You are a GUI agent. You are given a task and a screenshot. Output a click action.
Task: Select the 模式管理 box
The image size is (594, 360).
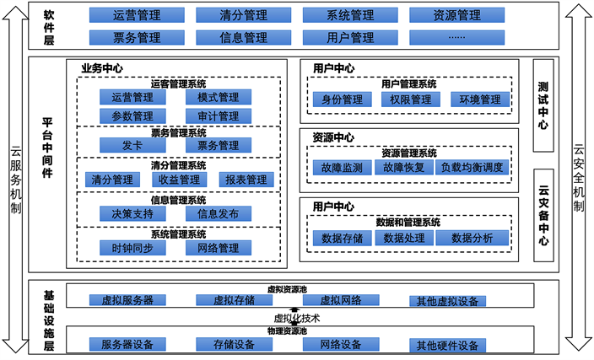[x=213, y=98]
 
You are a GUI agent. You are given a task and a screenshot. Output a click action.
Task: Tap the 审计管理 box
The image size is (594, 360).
[x=213, y=116]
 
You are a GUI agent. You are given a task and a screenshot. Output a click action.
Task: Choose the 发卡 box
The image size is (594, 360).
[x=127, y=145]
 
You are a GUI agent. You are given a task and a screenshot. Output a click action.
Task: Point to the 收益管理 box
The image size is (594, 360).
[x=179, y=179]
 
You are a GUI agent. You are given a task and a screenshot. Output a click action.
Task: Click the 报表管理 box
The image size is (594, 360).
[x=246, y=179]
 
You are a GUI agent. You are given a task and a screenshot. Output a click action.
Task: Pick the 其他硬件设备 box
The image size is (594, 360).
[x=446, y=345]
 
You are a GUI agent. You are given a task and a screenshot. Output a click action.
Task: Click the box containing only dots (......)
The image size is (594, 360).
[x=456, y=37]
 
